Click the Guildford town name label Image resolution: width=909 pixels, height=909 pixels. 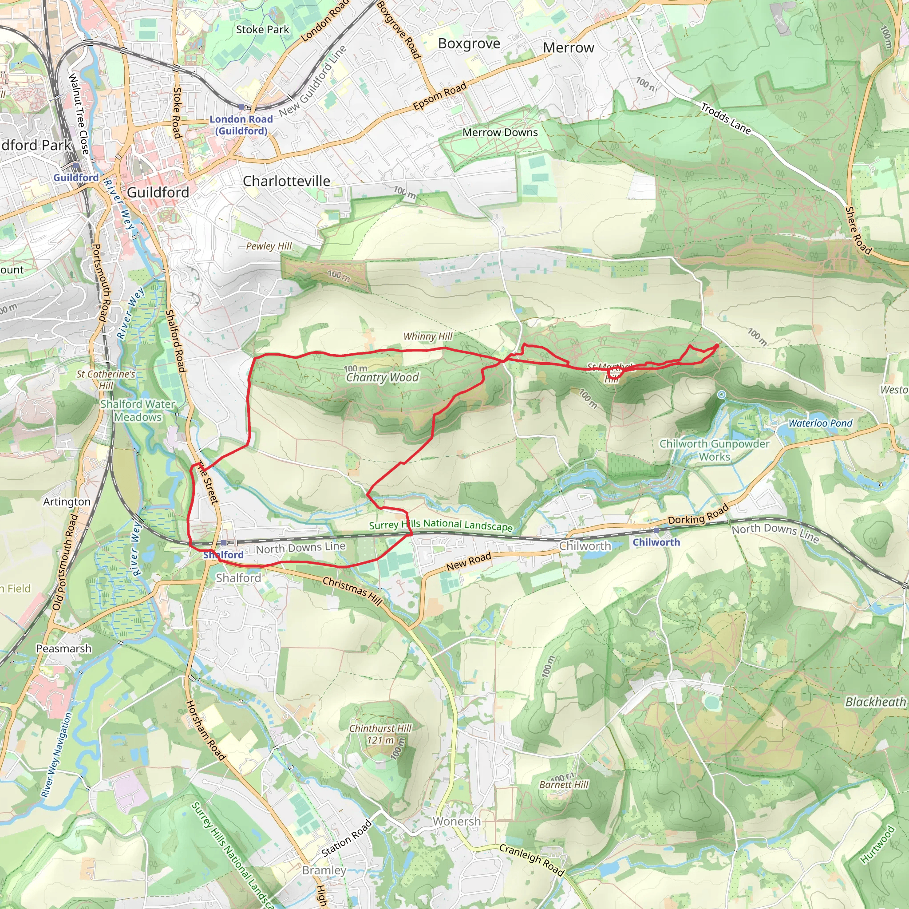click(x=158, y=193)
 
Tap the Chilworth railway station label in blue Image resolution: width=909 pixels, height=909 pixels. click(x=656, y=542)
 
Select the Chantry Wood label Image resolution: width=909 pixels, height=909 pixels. click(x=382, y=377)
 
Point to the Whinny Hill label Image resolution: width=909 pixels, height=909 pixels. click(x=428, y=336)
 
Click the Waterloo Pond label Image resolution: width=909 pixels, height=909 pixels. click(x=820, y=423)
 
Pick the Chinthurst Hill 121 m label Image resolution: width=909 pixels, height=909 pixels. click(x=380, y=734)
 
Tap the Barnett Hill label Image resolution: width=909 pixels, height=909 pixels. click(x=564, y=785)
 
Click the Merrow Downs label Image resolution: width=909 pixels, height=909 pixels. click(x=500, y=133)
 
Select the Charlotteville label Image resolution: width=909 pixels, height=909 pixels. click(x=286, y=181)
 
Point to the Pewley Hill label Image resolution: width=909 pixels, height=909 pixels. click(x=269, y=246)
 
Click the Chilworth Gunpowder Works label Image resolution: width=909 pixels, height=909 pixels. click(x=714, y=450)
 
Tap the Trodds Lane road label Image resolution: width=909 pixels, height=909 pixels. click(x=726, y=119)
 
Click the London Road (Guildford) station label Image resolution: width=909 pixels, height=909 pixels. click(x=241, y=125)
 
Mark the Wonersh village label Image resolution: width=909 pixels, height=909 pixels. click(x=456, y=822)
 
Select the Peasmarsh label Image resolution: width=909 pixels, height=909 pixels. click(x=63, y=648)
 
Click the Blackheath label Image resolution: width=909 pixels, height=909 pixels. click(x=875, y=702)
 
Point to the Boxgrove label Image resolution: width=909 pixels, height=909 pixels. click(x=469, y=44)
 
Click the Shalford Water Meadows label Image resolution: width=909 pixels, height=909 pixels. click(x=138, y=410)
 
